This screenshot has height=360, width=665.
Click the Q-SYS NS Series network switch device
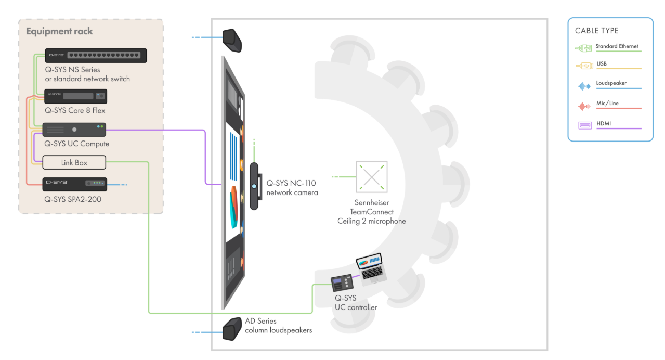point(96,56)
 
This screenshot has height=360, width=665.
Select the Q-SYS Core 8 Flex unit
point(76,96)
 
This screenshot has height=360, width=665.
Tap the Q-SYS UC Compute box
point(74,130)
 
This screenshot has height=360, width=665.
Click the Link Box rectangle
point(74,162)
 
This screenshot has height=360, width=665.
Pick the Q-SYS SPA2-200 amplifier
point(74,184)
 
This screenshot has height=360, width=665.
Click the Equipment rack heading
point(59,31)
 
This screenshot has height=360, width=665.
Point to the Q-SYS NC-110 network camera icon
point(255,186)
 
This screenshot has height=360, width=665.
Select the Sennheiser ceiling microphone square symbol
point(372,177)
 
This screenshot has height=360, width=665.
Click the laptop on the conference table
point(371,268)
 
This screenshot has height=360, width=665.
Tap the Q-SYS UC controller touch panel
point(342,282)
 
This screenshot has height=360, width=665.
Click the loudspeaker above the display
point(232,41)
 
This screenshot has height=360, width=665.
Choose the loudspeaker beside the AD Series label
point(232,329)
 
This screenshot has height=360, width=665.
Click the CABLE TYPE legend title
point(597,31)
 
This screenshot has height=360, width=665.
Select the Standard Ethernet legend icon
point(583,48)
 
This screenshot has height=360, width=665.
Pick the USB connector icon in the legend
point(584,66)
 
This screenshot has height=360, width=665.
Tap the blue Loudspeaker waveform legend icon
point(584,86)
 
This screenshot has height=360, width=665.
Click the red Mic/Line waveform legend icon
point(584,106)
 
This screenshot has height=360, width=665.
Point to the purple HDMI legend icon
point(585,125)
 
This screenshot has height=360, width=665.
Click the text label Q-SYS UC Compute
point(76,144)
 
